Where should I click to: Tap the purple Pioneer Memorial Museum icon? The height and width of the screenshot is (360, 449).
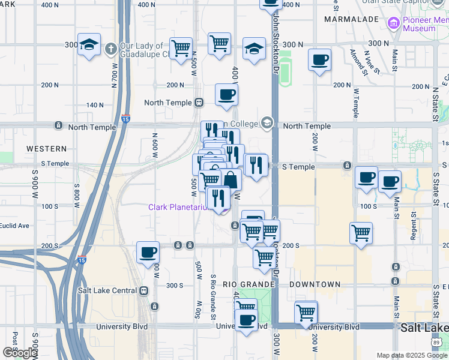(394, 24)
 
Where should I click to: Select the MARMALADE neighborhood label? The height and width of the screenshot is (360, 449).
(351, 19)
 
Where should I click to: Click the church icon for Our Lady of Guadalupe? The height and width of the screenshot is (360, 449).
(111, 47)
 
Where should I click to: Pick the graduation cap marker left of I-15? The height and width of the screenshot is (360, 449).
(89, 45)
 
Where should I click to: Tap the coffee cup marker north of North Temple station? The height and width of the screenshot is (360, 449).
(226, 95)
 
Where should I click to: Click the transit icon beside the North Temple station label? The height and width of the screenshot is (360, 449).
(199, 103)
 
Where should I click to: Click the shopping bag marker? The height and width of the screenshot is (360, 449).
(231, 179)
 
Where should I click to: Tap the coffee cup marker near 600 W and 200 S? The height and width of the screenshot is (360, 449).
(148, 253)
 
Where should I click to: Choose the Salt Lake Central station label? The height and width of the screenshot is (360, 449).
(107, 290)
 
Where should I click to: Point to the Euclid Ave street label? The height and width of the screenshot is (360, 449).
(15, 226)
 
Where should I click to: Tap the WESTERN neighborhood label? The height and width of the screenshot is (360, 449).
(46, 148)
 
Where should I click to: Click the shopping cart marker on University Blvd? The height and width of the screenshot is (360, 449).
(306, 313)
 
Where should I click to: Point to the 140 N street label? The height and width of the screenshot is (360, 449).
(95, 105)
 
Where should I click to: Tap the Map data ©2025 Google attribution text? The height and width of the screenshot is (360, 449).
(412, 355)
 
